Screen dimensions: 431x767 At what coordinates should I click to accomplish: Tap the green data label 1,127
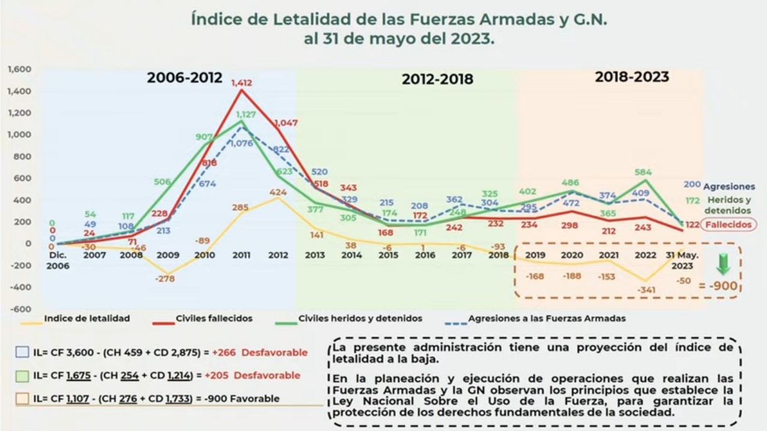click(246, 114)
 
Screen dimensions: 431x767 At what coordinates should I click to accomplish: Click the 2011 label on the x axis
click(241, 255)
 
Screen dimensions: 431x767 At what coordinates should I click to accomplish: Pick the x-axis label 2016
click(425, 255)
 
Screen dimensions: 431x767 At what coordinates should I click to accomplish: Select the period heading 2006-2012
click(185, 78)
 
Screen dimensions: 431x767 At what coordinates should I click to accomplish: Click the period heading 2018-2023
click(632, 77)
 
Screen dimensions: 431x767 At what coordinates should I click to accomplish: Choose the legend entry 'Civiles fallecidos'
click(214, 318)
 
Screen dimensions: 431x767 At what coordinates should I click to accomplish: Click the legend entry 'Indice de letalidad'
click(87, 318)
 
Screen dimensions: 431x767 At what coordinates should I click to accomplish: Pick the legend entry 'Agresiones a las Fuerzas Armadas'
click(547, 319)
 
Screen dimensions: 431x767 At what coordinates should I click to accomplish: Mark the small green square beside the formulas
click(22, 376)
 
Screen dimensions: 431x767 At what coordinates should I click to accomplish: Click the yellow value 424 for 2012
click(277, 192)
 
